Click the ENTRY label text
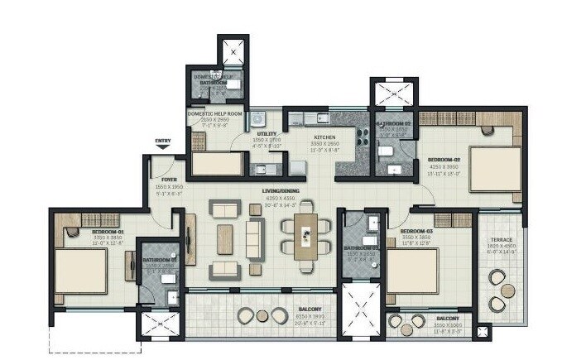pos(163,141)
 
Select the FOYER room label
pos(171,179)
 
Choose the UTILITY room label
pos(267,133)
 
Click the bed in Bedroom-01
pos(80,271)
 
